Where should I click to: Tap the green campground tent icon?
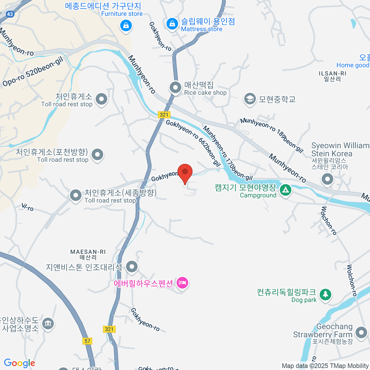[286, 190]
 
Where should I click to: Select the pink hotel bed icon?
[182, 282]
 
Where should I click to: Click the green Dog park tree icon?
[325, 294]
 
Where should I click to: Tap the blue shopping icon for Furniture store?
[126, 25]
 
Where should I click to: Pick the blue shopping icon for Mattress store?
[172, 24]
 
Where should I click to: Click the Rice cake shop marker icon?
[175, 88]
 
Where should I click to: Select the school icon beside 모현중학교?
[250, 99]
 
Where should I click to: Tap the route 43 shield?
[10, 14]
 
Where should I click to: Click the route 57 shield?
[88, 341]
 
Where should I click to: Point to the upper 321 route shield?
[164, 115]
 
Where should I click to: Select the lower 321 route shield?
[109, 329]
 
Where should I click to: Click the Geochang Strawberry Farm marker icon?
[361, 333]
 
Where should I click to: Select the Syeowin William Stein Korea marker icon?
[327, 179]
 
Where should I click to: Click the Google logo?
[19, 363]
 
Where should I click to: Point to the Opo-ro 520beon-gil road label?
[33, 72]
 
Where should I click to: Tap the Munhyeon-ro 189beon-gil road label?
[272, 135]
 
